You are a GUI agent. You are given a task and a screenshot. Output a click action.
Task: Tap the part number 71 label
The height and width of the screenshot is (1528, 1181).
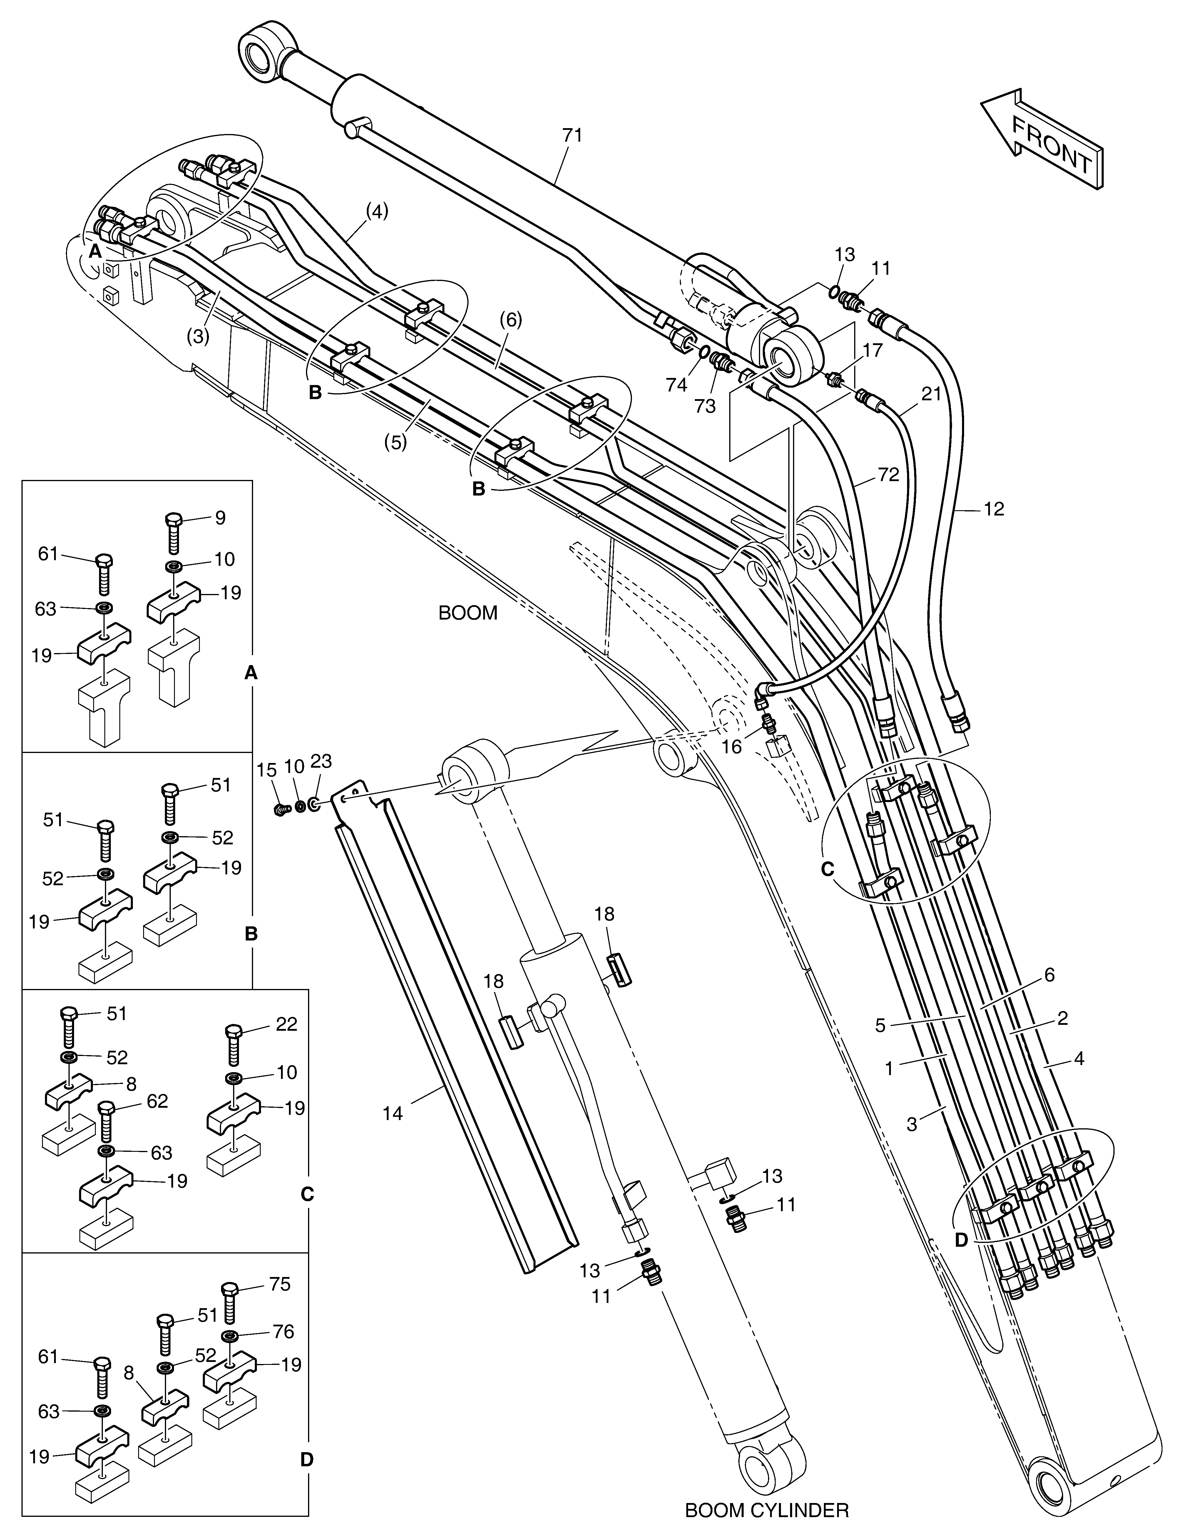point(572,135)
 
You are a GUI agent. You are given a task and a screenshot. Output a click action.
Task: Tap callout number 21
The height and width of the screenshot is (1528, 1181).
point(931,395)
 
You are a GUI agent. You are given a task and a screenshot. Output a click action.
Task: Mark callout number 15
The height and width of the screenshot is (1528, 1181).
point(267,769)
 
